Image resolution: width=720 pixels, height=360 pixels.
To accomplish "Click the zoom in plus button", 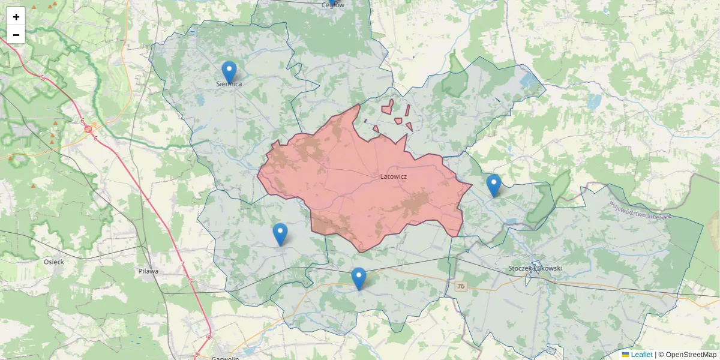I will (x=16, y=17).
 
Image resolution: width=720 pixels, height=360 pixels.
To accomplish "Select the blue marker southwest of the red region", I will (x=280, y=233).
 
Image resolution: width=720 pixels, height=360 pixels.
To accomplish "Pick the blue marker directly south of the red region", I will (x=359, y=278).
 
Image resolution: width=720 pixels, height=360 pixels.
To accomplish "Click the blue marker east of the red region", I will (x=493, y=185).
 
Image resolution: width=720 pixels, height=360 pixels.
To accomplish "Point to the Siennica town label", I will (x=229, y=84).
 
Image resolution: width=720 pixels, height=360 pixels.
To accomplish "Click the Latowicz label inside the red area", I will (x=394, y=177).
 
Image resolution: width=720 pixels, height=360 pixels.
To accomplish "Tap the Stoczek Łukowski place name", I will (x=535, y=268).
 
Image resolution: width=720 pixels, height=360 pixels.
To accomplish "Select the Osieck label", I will (x=54, y=262).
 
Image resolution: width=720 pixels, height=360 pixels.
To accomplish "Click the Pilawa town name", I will (x=148, y=271).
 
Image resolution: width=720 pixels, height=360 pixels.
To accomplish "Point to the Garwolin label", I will (x=226, y=358).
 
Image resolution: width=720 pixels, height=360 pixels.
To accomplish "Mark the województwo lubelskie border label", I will (x=640, y=210).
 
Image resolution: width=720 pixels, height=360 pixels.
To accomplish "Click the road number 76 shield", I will (x=460, y=286).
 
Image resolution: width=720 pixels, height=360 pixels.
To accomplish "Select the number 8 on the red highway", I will (x=209, y=337).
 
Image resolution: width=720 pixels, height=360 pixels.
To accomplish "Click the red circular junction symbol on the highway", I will (x=88, y=128).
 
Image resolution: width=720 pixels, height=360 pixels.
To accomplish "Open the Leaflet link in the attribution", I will (x=641, y=355).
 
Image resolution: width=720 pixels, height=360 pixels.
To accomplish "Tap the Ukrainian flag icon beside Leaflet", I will (x=625, y=355).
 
